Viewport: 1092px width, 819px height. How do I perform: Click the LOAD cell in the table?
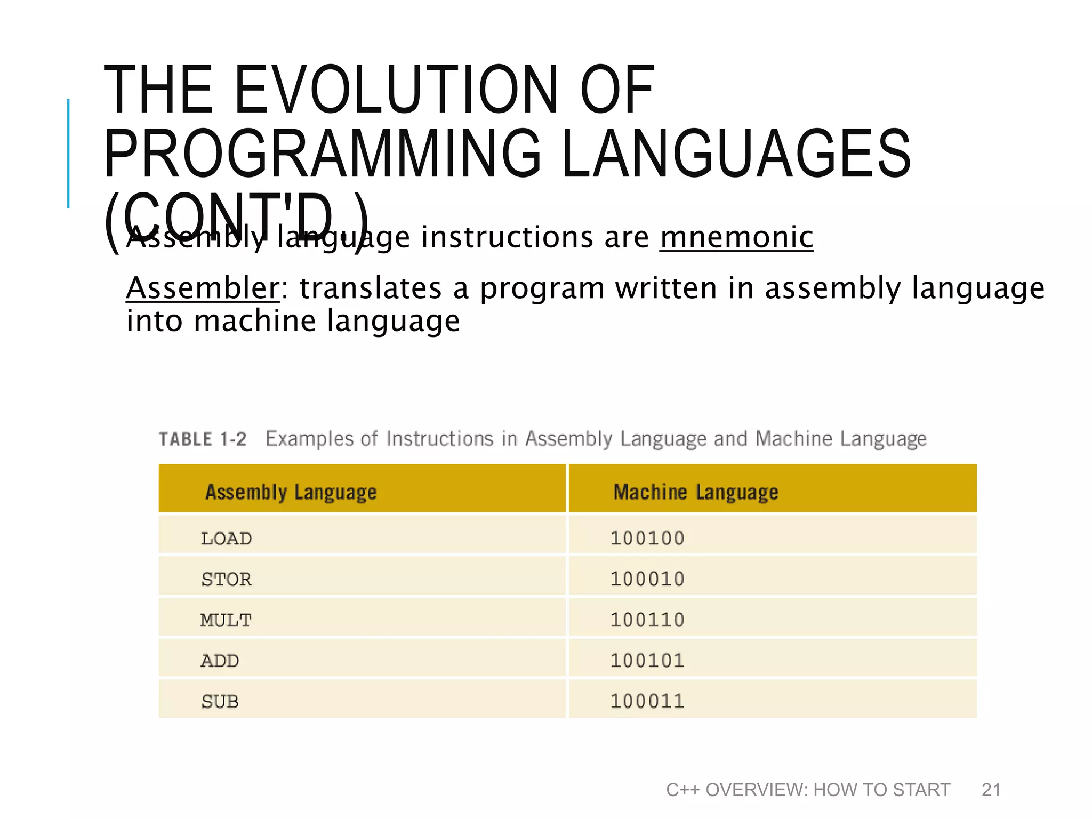click(226, 539)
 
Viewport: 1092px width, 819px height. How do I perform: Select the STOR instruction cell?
click(226, 579)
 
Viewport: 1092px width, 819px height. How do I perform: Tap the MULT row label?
click(226, 620)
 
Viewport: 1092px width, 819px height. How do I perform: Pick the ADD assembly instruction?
click(220, 661)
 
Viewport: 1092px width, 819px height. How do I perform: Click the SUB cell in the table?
click(220, 702)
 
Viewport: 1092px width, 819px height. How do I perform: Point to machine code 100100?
click(647, 538)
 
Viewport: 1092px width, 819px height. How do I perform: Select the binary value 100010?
click(647, 579)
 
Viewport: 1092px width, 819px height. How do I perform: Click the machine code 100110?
click(647, 620)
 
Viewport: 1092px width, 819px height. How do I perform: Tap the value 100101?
click(647, 661)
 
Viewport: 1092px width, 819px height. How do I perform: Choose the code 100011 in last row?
click(647, 701)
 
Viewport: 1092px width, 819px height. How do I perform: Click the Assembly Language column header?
click(291, 492)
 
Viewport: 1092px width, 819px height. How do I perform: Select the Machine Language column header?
click(696, 492)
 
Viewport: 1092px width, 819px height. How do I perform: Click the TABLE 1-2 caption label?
click(203, 439)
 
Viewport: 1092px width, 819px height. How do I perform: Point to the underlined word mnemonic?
click(736, 237)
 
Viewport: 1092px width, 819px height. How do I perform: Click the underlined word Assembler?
click(203, 288)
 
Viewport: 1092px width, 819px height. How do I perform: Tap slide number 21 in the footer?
click(991, 790)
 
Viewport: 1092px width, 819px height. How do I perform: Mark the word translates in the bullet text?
click(370, 288)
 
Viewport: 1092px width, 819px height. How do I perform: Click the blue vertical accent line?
click(68, 153)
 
